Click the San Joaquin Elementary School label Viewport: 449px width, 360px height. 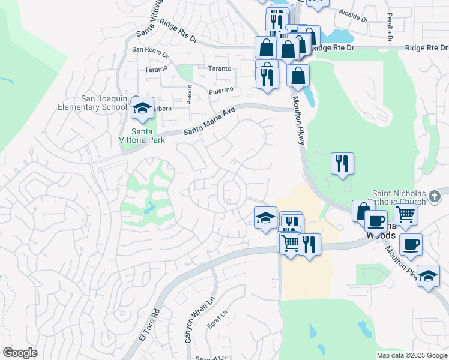click(101, 103)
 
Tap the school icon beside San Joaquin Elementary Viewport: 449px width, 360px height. click(142, 108)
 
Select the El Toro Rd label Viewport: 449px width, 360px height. click(150, 325)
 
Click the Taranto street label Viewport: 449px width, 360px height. click(220, 68)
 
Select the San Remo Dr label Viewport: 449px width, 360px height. click(147, 50)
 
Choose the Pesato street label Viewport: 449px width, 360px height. click(188, 95)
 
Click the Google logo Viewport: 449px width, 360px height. click(20, 353)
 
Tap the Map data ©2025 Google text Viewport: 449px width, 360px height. click(411, 355)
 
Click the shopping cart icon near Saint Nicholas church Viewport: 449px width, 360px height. click(406, 213)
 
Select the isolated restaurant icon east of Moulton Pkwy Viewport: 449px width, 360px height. click(342, 163)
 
